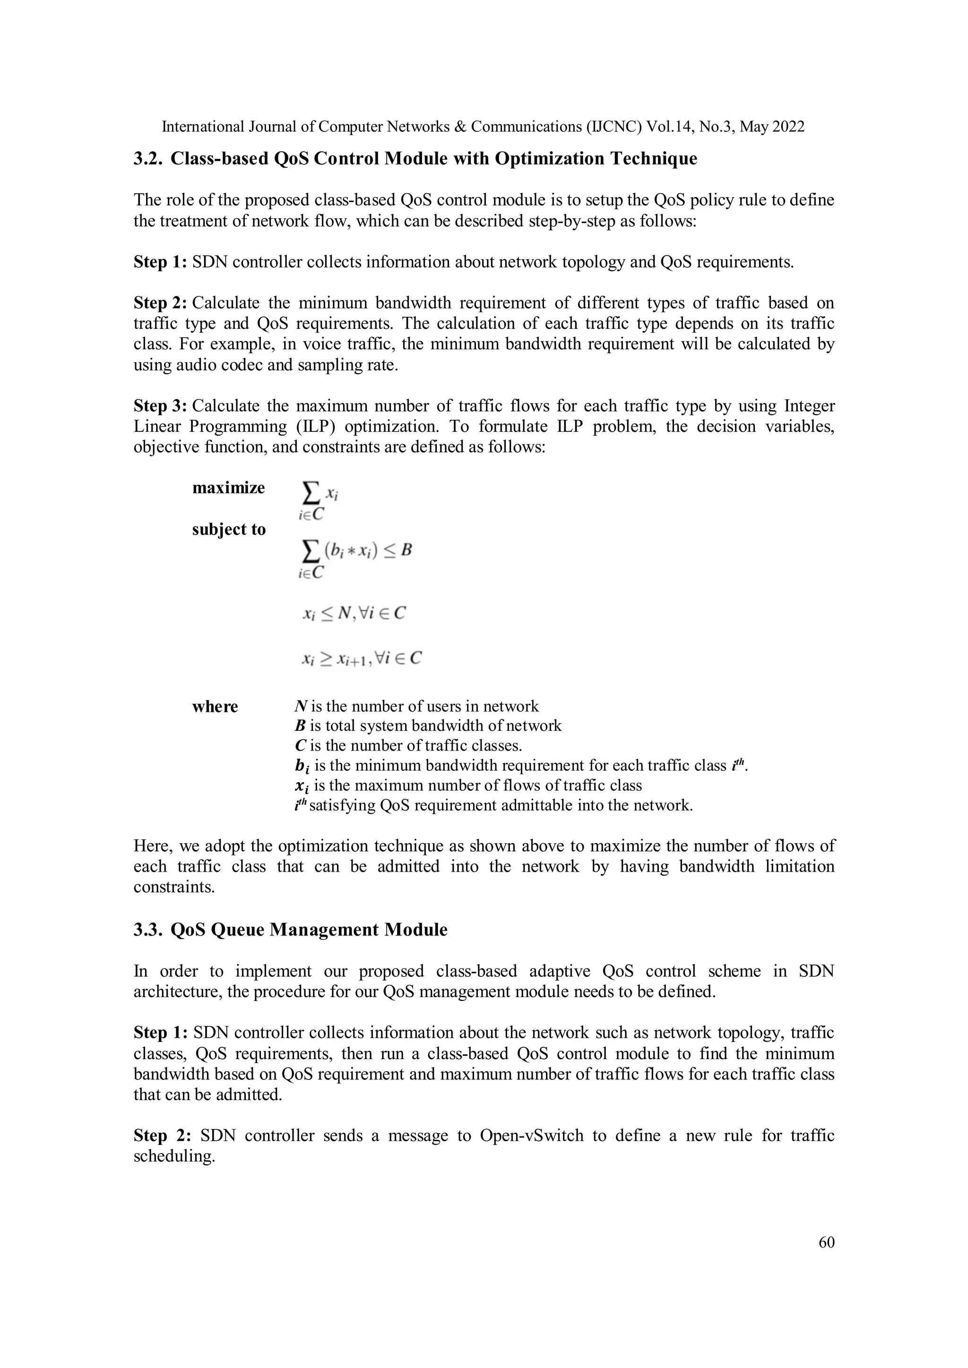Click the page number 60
[x=826, y=1242]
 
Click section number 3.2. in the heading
[x=148, y=159]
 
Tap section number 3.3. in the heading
[x=148, y=930]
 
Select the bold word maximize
[x=228, y=488]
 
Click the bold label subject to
[x=228, y=529]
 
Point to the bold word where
[x=215, y=707]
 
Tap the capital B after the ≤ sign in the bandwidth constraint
[x=406, y=549]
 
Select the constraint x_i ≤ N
[x=354, y=613]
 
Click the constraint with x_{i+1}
[x=361, y=658]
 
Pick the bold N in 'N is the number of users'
[x=301, y=707]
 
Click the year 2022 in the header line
[x=788, y=127]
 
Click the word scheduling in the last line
[x=173, y=1156]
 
